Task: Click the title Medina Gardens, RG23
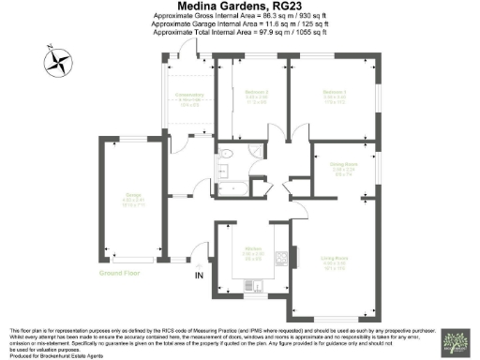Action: tap(240, 7)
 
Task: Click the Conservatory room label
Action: tap(190, 102)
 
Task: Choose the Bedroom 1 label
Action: tap(336, 94)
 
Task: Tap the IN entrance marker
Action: tap(198, 277)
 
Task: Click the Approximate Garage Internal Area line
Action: tap(240, 25)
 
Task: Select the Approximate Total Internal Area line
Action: tap(240, 34)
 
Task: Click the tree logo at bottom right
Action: tap(457, 342)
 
